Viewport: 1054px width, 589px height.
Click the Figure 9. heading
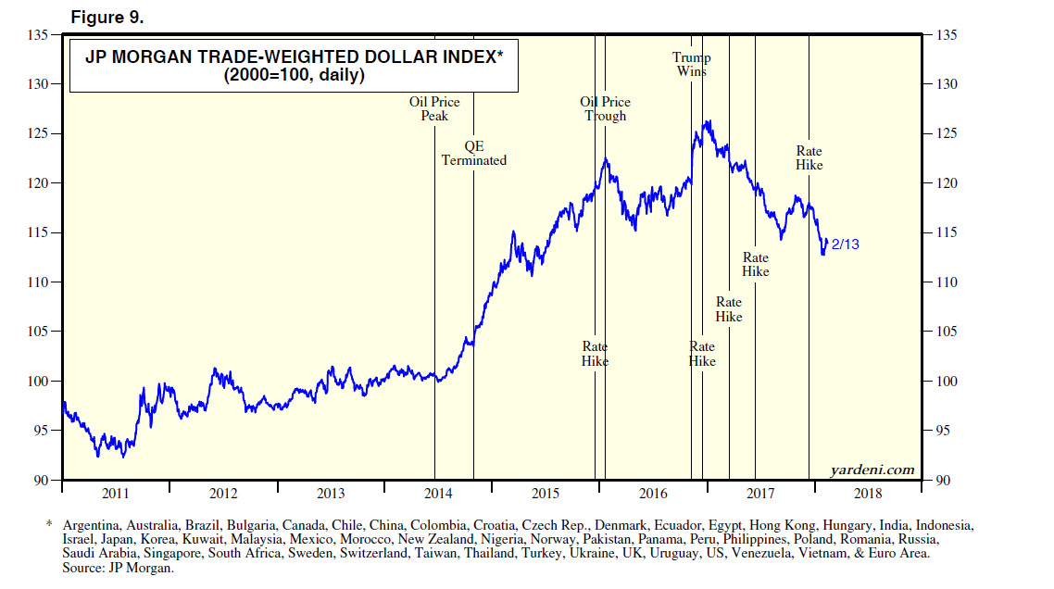coord(107,18)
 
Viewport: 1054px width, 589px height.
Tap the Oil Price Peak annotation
coord(434,108)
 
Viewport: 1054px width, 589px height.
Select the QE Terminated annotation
coord(473,153)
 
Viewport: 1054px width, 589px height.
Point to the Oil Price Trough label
coord(605,108)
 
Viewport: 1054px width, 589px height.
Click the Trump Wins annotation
coord(691,64)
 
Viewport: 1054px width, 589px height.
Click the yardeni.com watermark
coord(872,470)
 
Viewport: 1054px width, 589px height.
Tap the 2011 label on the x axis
coord(116,493)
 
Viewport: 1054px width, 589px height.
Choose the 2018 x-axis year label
coord(867,493)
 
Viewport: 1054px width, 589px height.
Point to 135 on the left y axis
coord(38,35)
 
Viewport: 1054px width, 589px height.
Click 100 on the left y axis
coord(38,382)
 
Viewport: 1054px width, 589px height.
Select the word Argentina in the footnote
coord(91,525)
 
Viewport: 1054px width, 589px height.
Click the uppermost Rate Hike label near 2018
coord(809,158)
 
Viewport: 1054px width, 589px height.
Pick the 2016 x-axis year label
coord(653,493)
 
